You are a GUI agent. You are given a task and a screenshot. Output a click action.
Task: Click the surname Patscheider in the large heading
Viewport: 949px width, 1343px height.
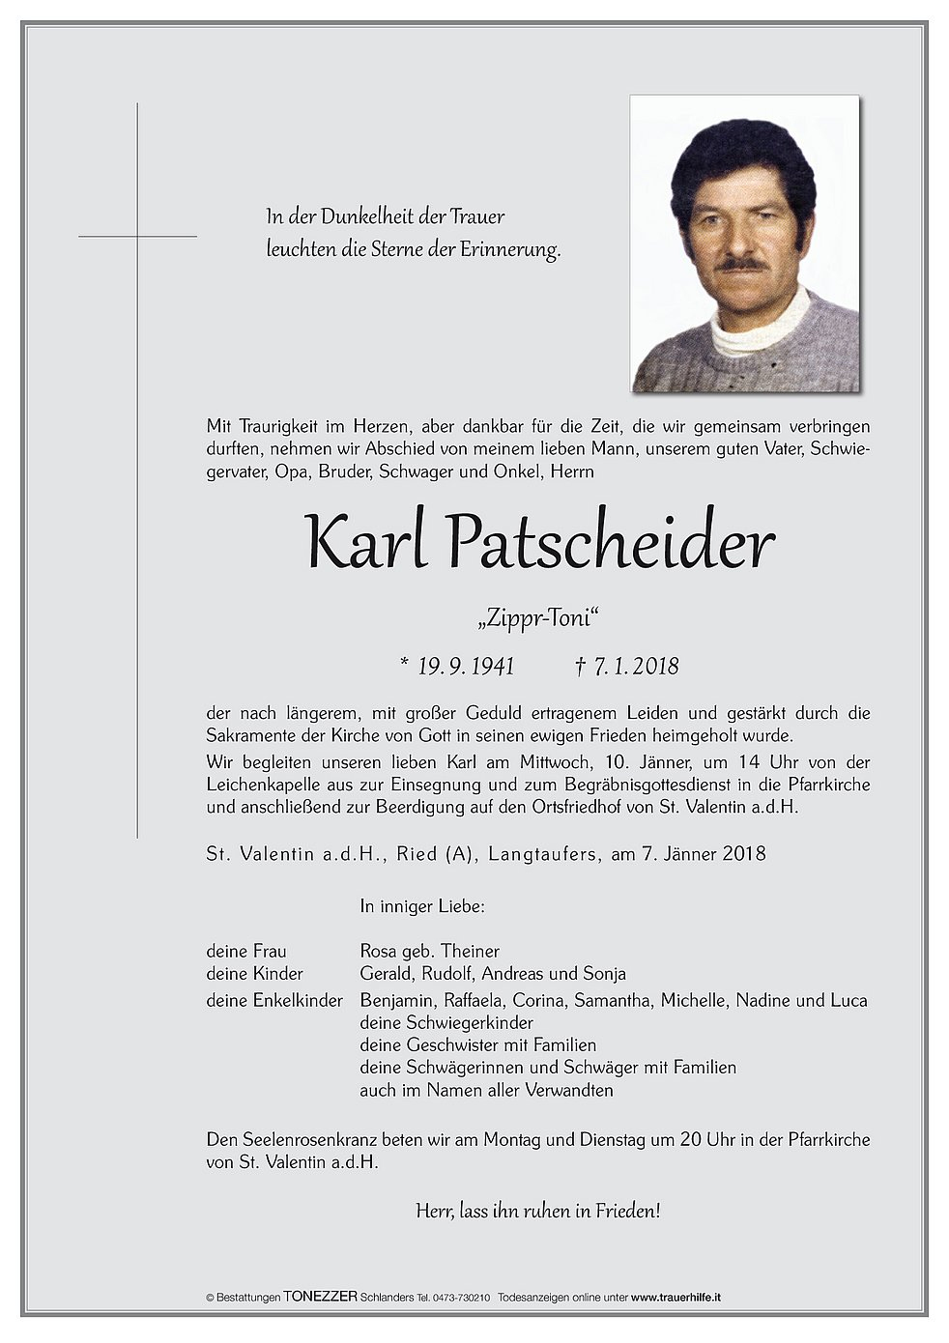[x=611, y=542]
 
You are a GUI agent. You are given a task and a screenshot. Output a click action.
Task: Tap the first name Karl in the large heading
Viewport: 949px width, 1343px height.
[x=366, y=542]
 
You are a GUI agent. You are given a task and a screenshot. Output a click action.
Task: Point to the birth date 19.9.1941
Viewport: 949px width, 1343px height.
[x=466, y=666]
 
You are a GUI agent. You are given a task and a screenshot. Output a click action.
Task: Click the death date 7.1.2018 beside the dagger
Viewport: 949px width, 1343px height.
[x=636, y=666]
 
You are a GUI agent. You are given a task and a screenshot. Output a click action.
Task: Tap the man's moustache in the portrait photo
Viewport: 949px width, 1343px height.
[x=741, y=264]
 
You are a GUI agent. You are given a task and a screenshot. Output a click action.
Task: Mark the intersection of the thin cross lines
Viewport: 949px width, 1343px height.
[x=137, y=236]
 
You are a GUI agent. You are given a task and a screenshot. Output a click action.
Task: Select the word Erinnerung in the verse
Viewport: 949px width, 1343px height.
[x=509, y=249]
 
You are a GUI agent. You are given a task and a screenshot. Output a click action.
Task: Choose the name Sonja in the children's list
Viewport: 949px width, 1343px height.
[x=604, y=973]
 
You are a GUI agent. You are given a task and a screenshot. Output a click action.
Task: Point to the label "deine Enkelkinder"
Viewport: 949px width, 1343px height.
[x=274, y=1000]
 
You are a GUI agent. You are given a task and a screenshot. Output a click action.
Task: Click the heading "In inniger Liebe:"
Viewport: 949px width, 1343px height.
[x=421, y=906]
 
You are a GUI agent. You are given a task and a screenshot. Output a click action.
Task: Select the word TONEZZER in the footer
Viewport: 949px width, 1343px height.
[x=320, y=1297]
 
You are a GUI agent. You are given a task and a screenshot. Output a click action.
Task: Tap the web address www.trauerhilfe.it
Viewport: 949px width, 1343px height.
[x=676, y=1298]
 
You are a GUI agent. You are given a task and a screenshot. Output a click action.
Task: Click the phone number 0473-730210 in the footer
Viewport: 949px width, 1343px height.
[x=464, y=1298]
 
